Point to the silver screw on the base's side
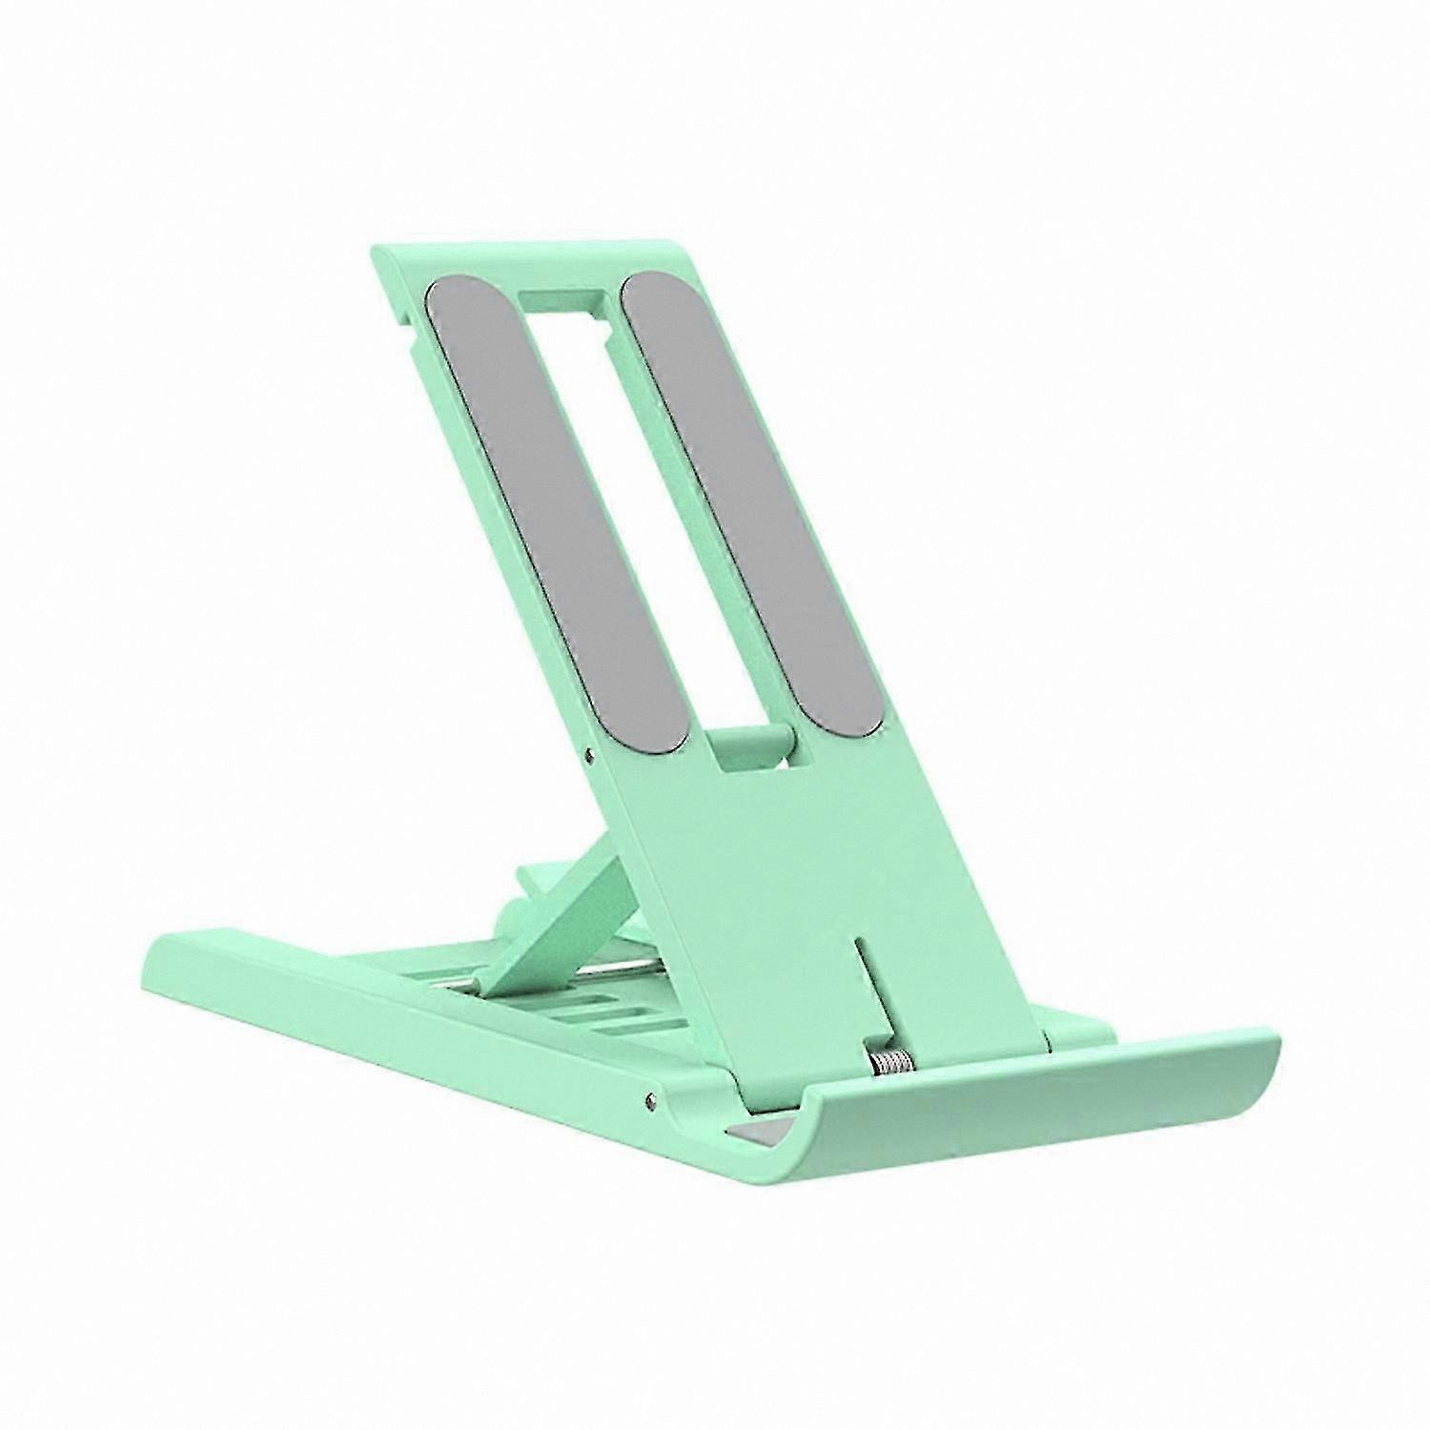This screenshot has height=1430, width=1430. click(651, 1100)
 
